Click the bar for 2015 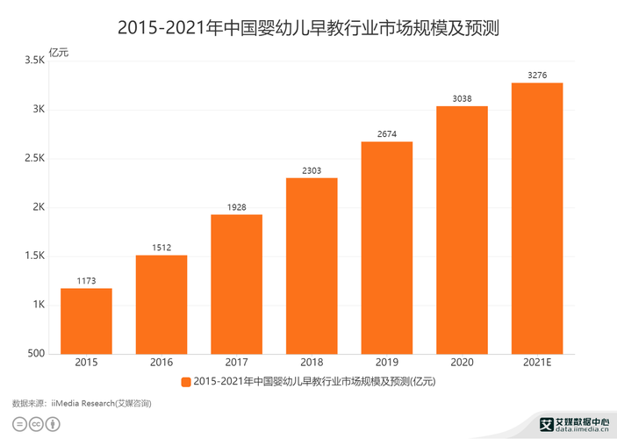click(x=86, y=321)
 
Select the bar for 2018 click(x=312, y=266)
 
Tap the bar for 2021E click(x=537, y=219)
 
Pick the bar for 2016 click(x=161, y=305)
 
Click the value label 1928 click(x=236, y=207)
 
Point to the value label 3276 click(x=537, y=76)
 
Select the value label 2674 click(x=387, y=134)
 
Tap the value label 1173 click(x=86, y=281)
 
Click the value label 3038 click(x=462, y=99)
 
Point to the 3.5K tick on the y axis click(x=33, y=61)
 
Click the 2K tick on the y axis click(x=39, y=207)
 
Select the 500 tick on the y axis click(x=36, y=354)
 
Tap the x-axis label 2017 click(x=236, y=363)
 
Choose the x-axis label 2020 click(x=462, y=363)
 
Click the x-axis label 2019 click(x=387, y=363)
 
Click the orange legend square click(x=185, y=381)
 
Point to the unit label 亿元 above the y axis click(x=58, y=52)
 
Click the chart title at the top click(x=308, y=27)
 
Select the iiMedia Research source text click(x=82, y=403)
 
